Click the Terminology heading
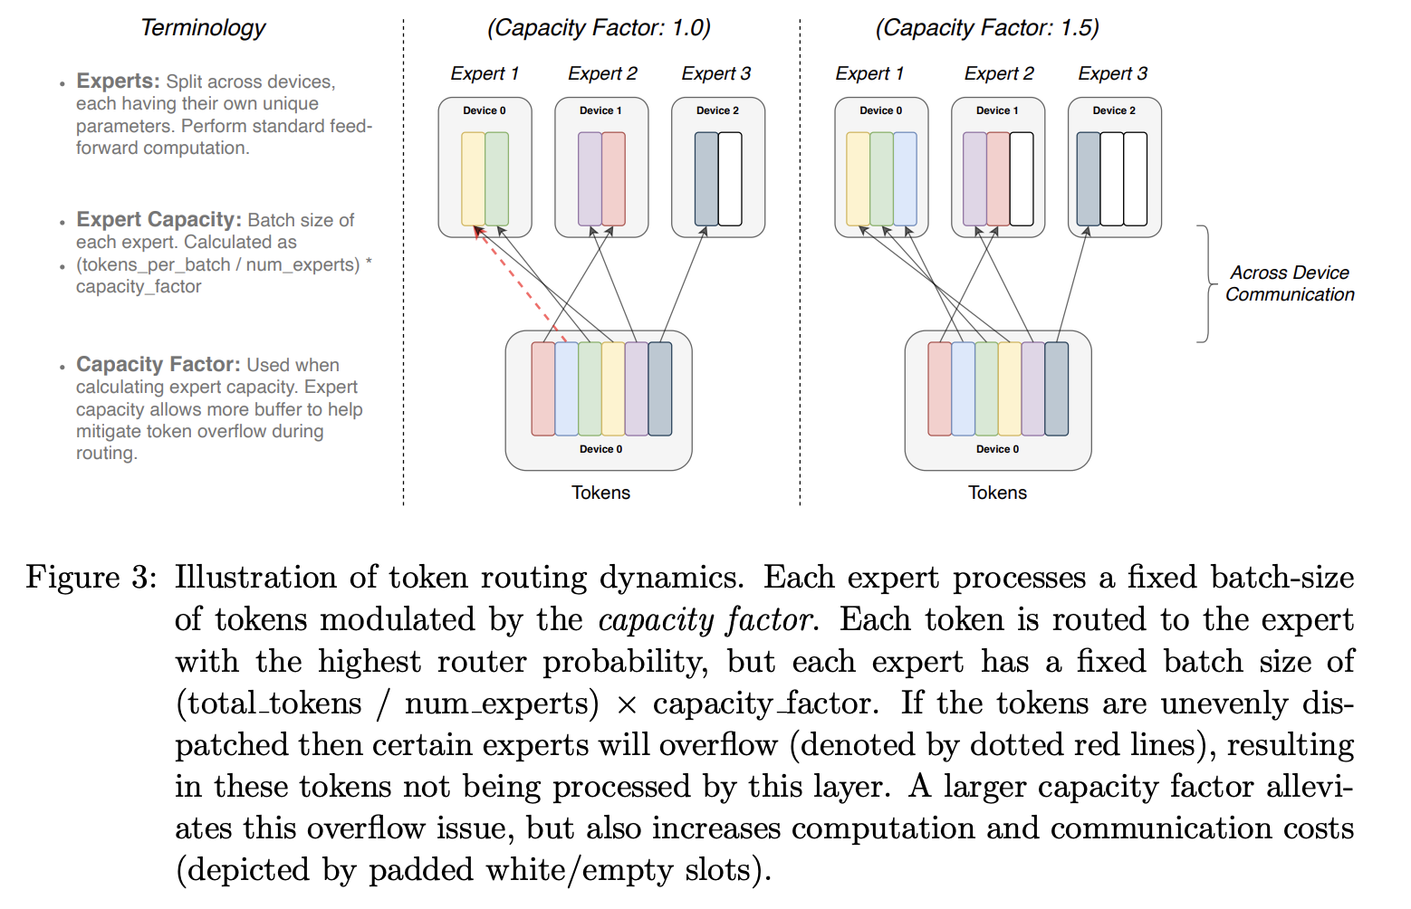[203, 28]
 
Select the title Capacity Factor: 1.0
[599, 28]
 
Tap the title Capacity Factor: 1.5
[987, 28]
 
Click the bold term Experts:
[118, 81]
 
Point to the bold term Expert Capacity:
[158, 220]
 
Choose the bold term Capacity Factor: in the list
[158, 365]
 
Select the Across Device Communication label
[1290, 283]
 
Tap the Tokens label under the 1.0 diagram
[600, 493]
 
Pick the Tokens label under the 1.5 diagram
[997, 493]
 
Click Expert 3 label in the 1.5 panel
[1112, 73]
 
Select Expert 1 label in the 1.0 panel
[485, 73]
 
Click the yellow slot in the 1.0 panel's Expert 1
[473, 178]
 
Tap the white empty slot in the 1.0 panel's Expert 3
[730, 178]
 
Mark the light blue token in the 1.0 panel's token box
[566, 388]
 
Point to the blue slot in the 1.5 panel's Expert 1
[905, 178]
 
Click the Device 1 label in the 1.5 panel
[997, 110]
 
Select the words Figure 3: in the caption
[91, 578]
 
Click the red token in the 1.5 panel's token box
[939, 388]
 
